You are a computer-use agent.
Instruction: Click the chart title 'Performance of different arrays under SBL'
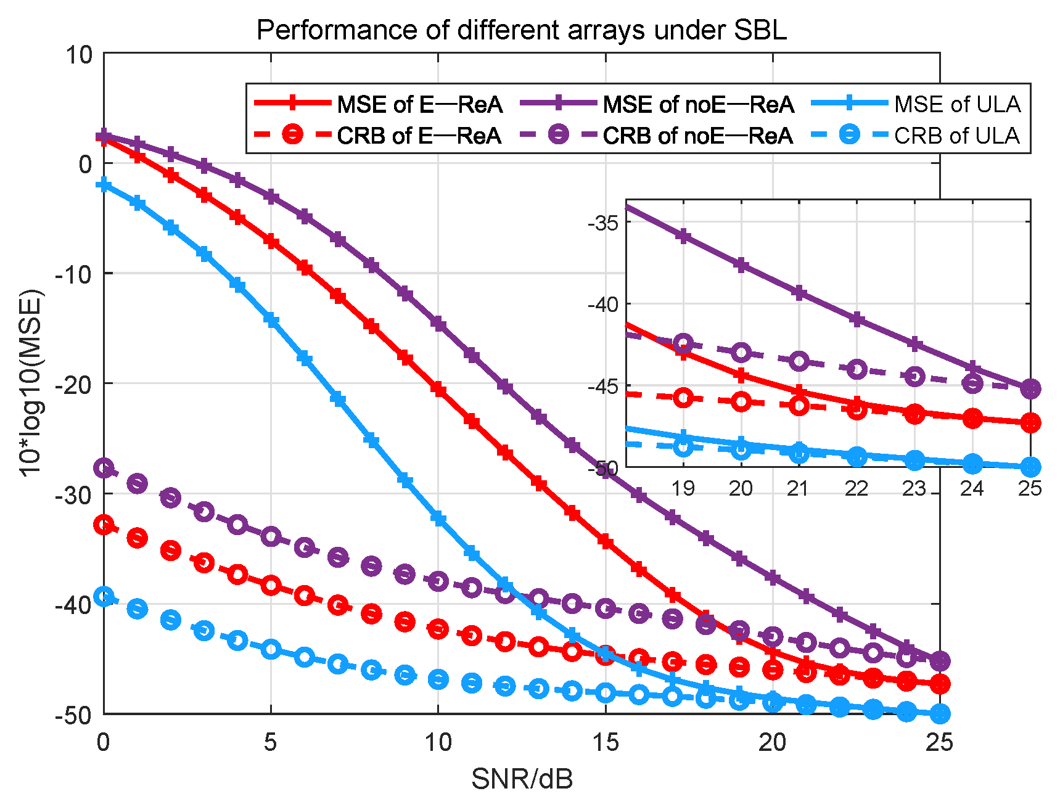tap(522, 30)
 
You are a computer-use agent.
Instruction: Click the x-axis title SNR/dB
tap(522, 779)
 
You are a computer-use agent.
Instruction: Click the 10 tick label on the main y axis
tap(78, 54)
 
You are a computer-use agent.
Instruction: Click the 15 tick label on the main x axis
tap(606, 742)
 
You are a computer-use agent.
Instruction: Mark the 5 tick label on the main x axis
tap(271, 742)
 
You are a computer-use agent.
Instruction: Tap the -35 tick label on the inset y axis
tap(602, 223)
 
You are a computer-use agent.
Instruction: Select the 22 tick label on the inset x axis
tap(856, 489)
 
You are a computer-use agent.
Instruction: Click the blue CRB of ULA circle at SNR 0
tap(104, 596)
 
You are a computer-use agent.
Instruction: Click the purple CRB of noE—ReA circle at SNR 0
tap(104, 469)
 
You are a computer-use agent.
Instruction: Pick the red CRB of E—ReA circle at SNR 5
tap(271, 585)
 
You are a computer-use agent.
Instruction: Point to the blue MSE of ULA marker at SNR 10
tap(438, 518)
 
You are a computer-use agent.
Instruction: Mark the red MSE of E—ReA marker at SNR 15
tap(606, 542)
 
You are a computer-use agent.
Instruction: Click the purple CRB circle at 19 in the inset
tap(683, 343)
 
